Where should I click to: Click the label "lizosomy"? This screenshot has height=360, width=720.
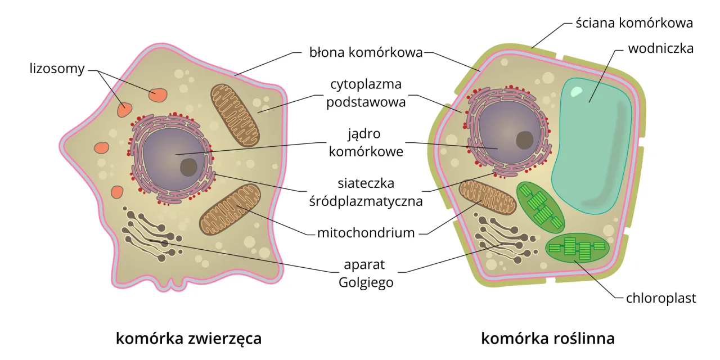click(x=57, y=69)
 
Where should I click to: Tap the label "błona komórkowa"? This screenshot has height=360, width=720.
click(x=366, y=53)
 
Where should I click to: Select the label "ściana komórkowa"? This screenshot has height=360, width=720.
click(x=634, y=23)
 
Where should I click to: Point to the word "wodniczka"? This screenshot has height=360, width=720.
click(x=660, y=48)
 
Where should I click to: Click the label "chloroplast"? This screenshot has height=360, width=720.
click(x=661, y=298)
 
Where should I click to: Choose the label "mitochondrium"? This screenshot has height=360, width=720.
click(x=366, y=232)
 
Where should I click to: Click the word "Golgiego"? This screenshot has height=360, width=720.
click(x=366, y=282)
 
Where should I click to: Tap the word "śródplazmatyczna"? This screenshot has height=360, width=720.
click(x=366, y=201)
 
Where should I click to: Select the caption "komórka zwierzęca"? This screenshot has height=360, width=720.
click(x=188, y=339)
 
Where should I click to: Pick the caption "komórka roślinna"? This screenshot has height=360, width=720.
click(x=547, y=339)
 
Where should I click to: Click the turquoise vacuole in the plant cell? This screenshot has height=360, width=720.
click(x=591, y=146)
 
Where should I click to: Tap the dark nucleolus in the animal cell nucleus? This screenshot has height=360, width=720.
click(x=188, y=167)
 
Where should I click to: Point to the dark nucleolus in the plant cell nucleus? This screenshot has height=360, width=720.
click(x=525, y=139)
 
